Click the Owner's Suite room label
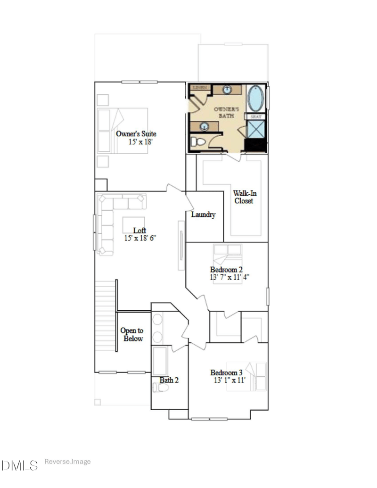136,133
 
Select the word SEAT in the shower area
255,116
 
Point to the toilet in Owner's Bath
197,141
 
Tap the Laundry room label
203,215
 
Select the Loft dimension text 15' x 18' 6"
140,238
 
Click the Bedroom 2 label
226,269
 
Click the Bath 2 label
169,380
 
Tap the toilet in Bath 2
161,388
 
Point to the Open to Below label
133,335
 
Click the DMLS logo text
20,466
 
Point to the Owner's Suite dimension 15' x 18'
140,141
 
